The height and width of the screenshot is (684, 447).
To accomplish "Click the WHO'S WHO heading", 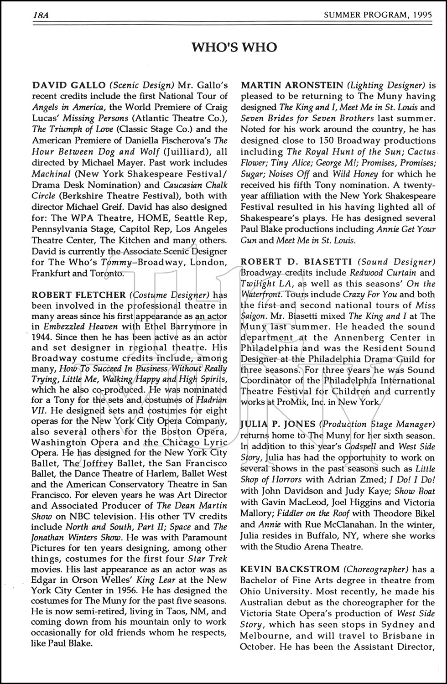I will pyautogui.click(x=234, y=47).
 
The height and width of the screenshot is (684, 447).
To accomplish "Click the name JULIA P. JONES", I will pyautogui.click(x=278, y=425).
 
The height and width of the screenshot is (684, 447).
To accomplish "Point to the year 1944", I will pyautogui.click(x=42, y=338).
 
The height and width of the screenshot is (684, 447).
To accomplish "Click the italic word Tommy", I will pyautogui.click(x=113, y=263).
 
